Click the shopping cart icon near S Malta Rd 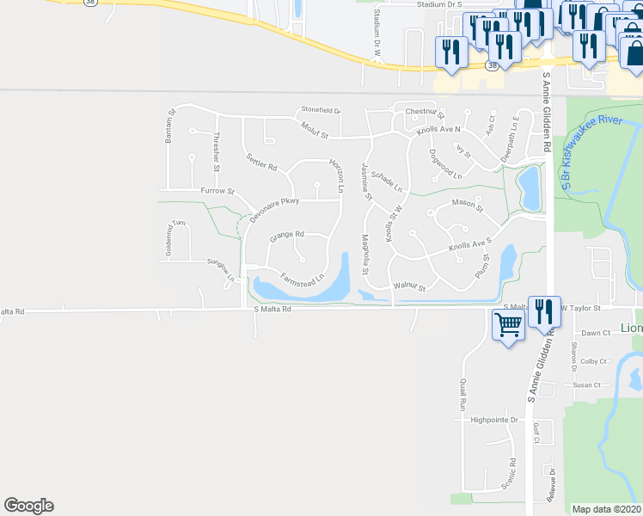pos(508,326)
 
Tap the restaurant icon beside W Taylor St pos(543,310)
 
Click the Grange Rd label pos(287,234)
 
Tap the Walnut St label pos(409,286)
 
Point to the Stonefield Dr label pos(321,110)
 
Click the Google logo pos(28,506)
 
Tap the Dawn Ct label pos(595,333)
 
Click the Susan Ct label pos(587,385)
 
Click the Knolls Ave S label pos(468,247)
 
